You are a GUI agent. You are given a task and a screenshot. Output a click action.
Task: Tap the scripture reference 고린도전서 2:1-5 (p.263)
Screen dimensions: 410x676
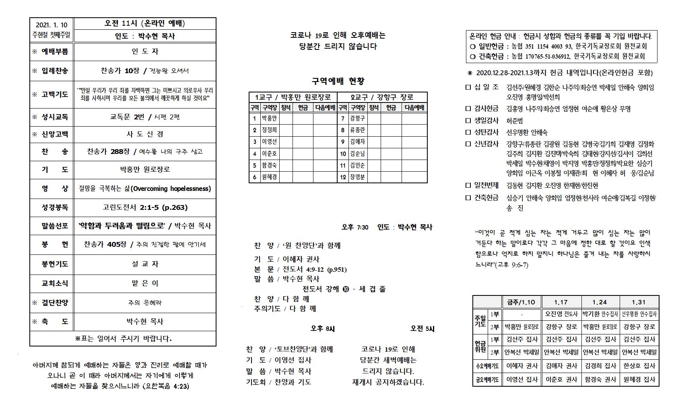(145, 207)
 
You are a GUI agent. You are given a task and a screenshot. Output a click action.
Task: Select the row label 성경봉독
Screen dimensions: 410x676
(55, 207)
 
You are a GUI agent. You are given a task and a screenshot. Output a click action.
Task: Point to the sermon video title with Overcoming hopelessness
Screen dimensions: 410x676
(145, 189)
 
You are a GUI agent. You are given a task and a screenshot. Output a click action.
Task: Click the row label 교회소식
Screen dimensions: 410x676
(55, 283)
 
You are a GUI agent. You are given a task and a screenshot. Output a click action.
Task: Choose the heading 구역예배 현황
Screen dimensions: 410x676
(338, 81)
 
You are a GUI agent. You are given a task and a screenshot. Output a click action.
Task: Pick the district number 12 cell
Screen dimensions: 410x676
(343, 177)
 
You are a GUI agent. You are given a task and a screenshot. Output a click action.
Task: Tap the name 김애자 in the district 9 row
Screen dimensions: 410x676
(357, 141)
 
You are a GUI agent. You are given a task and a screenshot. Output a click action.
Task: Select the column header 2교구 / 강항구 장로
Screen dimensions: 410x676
(382, 97)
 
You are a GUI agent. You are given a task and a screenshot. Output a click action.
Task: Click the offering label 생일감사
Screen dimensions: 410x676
(486, 120)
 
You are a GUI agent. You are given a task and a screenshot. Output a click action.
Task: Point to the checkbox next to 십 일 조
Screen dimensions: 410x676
(468, 87)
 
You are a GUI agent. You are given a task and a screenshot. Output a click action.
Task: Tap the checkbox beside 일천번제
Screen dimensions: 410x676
(468, 185)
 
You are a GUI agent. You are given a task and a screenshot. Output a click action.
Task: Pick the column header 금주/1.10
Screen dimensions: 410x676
(521, 302)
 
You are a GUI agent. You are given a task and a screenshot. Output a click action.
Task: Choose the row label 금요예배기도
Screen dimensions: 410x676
(487, 379)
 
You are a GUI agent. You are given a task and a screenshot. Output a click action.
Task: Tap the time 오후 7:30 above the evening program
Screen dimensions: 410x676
(355, 227)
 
